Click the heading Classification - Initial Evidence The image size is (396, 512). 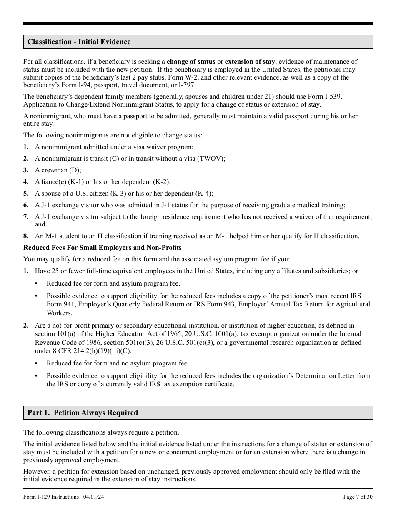[79, 42]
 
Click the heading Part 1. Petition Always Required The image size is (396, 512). [83, 413]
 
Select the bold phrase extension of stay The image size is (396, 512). [250, 62]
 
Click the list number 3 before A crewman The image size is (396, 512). [26, 170]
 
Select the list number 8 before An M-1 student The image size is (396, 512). [26, 236]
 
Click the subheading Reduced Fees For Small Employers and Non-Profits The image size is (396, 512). [102, 248]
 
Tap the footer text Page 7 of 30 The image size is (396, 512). [358, 497]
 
